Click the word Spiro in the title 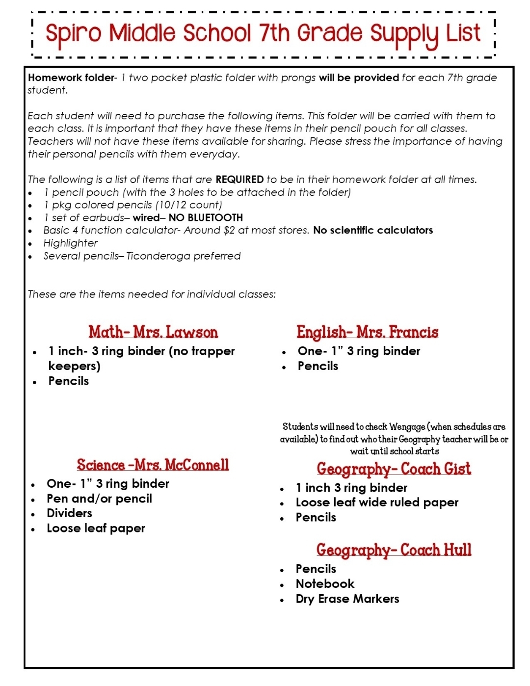pyautogui.click(x=73, y=34)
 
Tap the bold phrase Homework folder pyautogui.click(x=70, y=78)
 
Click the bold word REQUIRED pyautogui.click(x=239, y=180)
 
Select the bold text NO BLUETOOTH pyautogui.click(x=206, y=218)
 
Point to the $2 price pyautogui.click(x=229, y=231)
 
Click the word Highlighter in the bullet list pyautogui.click(x=70, y=243)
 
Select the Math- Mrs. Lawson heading pyautogui.click(x=153, y=332)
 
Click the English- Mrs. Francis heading pyautogui.click(x=367, y=332)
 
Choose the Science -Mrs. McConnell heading pyautogui.click(x=153, y=465)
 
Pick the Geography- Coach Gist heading pyautogui.click(x=394, y=469)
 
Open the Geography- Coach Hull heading pyautogui.click(x=394, y=550)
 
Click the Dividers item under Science pyautogui.click(x=69, y=513)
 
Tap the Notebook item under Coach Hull pyautogui.click(x=325, y=584)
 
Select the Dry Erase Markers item pyautogui.click(x=347, y=599)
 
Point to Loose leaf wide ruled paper pyautogui.click(x=377, y=502)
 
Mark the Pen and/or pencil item pyautogui.click(x=99, y=499)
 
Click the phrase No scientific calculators pyautogui.click(x=373, y=231)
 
